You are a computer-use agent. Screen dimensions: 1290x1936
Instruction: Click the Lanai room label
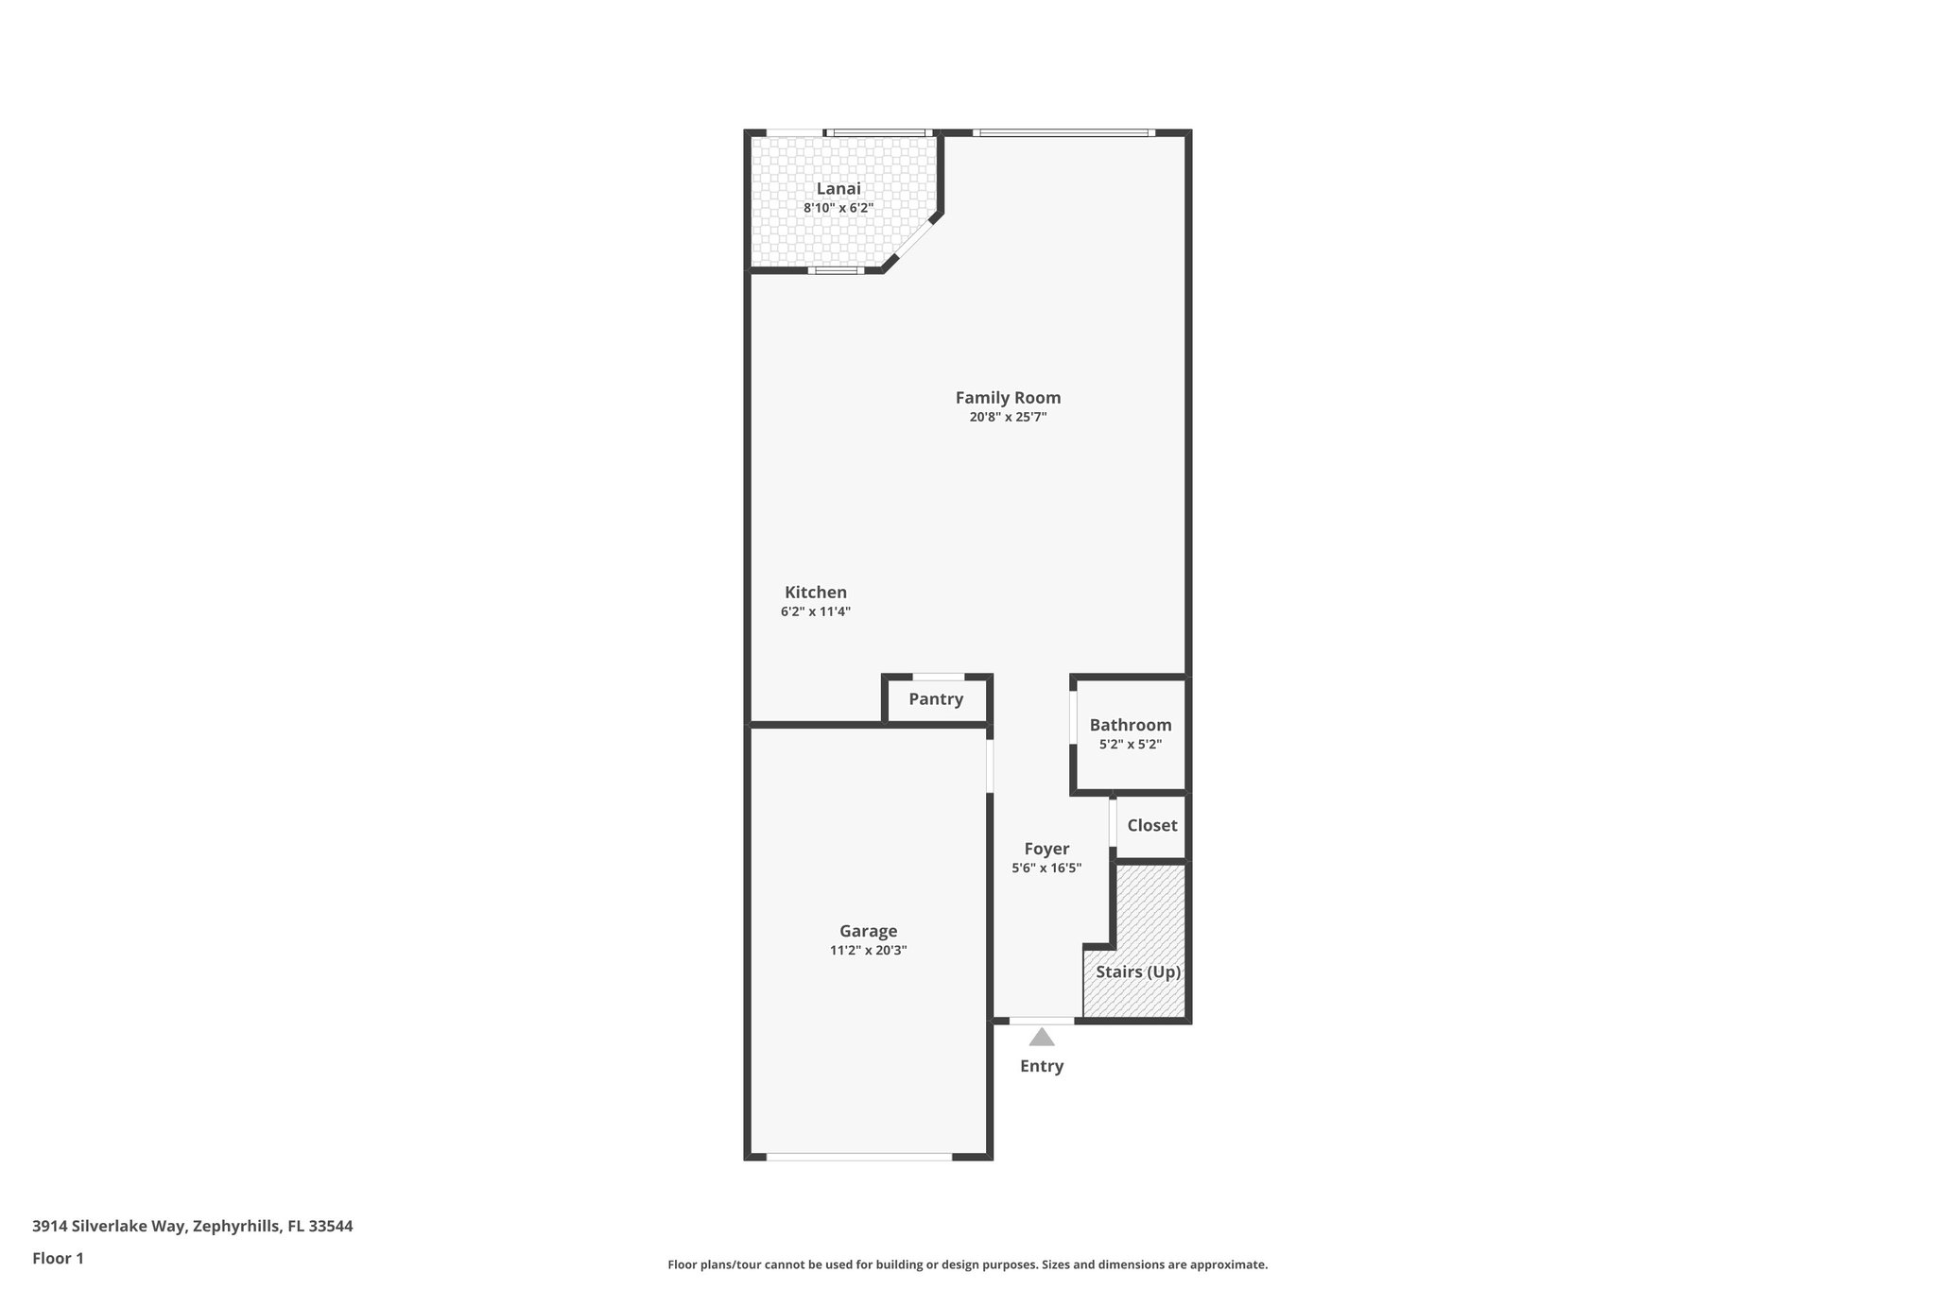point(838,189)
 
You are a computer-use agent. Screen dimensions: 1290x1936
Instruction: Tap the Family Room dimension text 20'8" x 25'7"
point(1008,417)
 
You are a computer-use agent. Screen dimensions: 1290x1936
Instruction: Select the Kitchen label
point(816,593)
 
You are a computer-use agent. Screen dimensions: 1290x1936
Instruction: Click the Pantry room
point(936,699)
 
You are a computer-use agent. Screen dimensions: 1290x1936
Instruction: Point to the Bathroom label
point(1130,725)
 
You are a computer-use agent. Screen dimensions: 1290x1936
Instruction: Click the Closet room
point(1151,825)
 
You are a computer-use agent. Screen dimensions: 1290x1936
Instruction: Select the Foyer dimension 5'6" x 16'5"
point(1046,868)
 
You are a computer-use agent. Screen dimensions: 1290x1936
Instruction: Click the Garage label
point(868,931)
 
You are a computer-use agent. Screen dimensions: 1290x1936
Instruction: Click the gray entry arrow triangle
point(1042,1038)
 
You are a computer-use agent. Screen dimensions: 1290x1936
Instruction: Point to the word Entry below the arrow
point(1042,1066)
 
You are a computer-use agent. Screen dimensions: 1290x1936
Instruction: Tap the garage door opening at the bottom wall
point(858,1156)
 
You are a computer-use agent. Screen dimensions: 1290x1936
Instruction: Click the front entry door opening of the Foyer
point(1042,1021)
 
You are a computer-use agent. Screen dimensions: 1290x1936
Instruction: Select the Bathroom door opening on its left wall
point(1074,718)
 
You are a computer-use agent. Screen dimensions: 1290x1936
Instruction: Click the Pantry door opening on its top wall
point(938,677)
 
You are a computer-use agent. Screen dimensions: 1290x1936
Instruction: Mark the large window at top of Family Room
point(1063,133)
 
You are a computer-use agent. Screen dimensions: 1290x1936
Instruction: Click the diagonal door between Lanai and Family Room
point(912,242)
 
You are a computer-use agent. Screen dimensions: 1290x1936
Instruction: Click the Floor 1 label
point(58,1258)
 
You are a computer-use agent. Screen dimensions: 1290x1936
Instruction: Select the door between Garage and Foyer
point(990,765)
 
